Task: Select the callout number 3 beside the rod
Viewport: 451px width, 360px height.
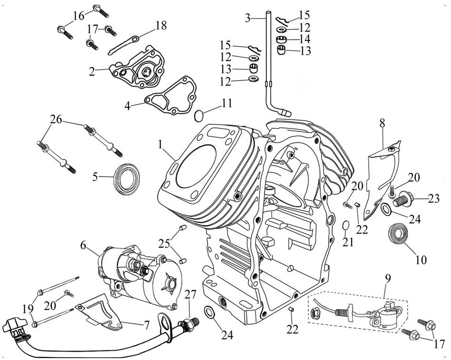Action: pos(248,18)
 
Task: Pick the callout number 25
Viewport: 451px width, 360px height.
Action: pos(164,244)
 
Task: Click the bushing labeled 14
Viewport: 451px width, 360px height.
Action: pos(282,39)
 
